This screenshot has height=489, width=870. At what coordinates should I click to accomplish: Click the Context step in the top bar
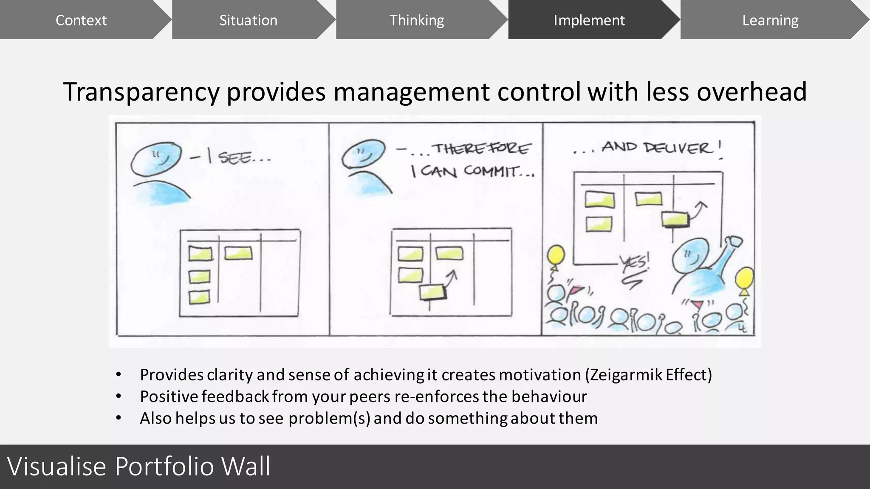coord(81,20)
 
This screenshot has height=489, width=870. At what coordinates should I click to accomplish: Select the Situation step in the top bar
coord(248,20)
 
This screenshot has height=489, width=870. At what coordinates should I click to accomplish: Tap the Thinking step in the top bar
coord(416,20)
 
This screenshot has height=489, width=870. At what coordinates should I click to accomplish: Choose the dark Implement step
coord(589,20)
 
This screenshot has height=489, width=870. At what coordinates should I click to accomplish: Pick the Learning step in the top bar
coord(770,20)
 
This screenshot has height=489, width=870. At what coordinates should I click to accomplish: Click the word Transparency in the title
coord(141,92)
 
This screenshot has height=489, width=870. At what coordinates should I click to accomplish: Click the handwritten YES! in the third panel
coord(634,262)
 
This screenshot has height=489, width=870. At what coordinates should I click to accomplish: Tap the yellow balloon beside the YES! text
coord(555,256)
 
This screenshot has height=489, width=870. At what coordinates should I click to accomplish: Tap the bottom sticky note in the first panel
coord(199,297)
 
